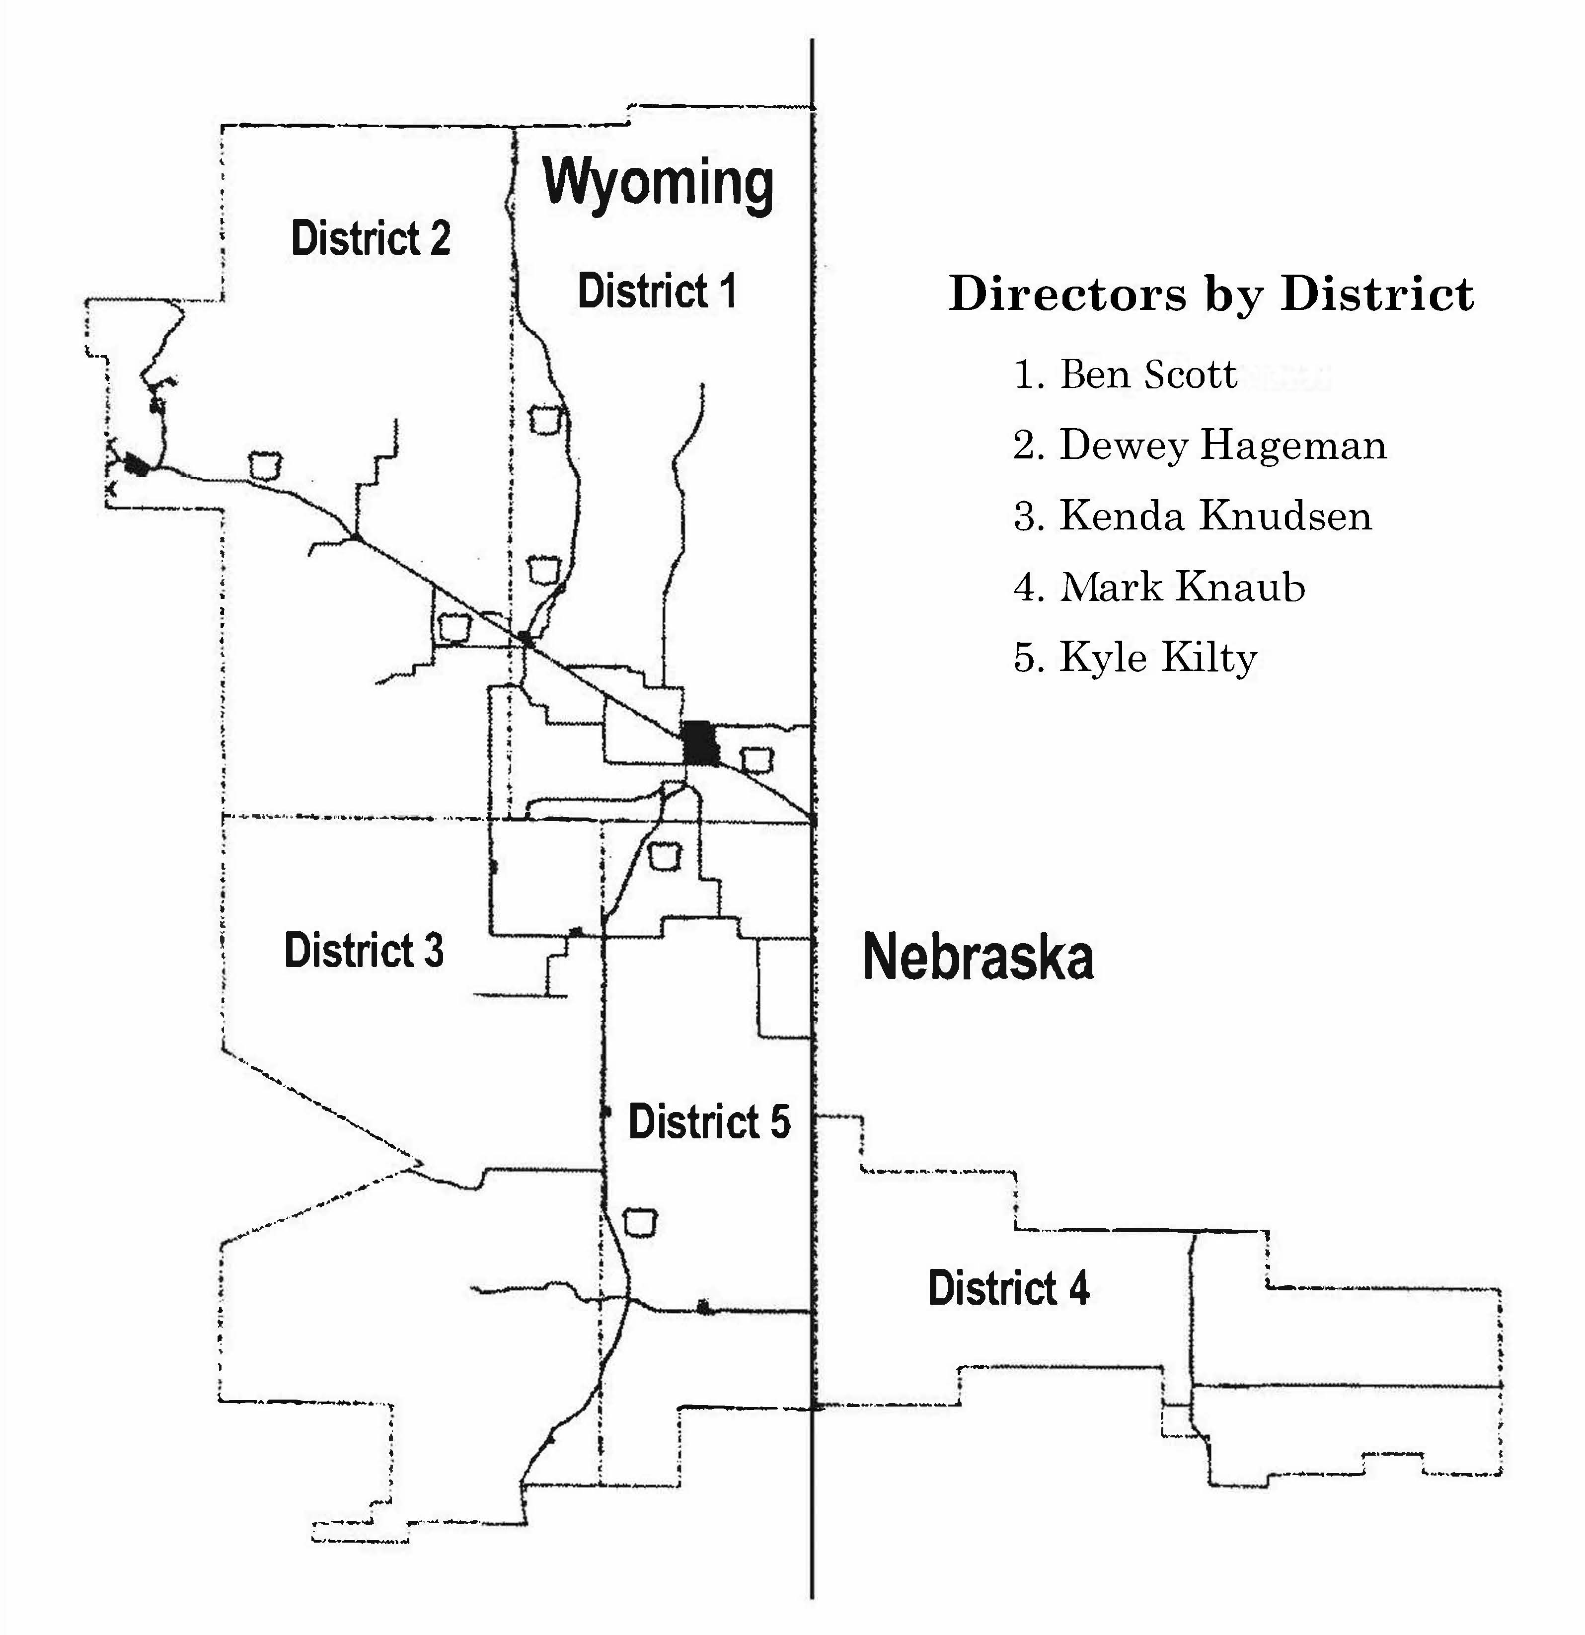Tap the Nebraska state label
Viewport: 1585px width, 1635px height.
click(x=978, y=958)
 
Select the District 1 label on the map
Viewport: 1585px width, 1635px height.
click(x=657, y=292)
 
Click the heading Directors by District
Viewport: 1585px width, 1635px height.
click(x=1210, y=295)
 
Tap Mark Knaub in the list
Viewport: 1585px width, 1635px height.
click(x=1181, y=587)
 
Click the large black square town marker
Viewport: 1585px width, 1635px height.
click(x=699, y=743)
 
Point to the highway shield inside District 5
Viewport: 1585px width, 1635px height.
click(x=641, y=1220)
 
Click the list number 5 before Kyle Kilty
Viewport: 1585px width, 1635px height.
click(x=1024, y=658)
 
